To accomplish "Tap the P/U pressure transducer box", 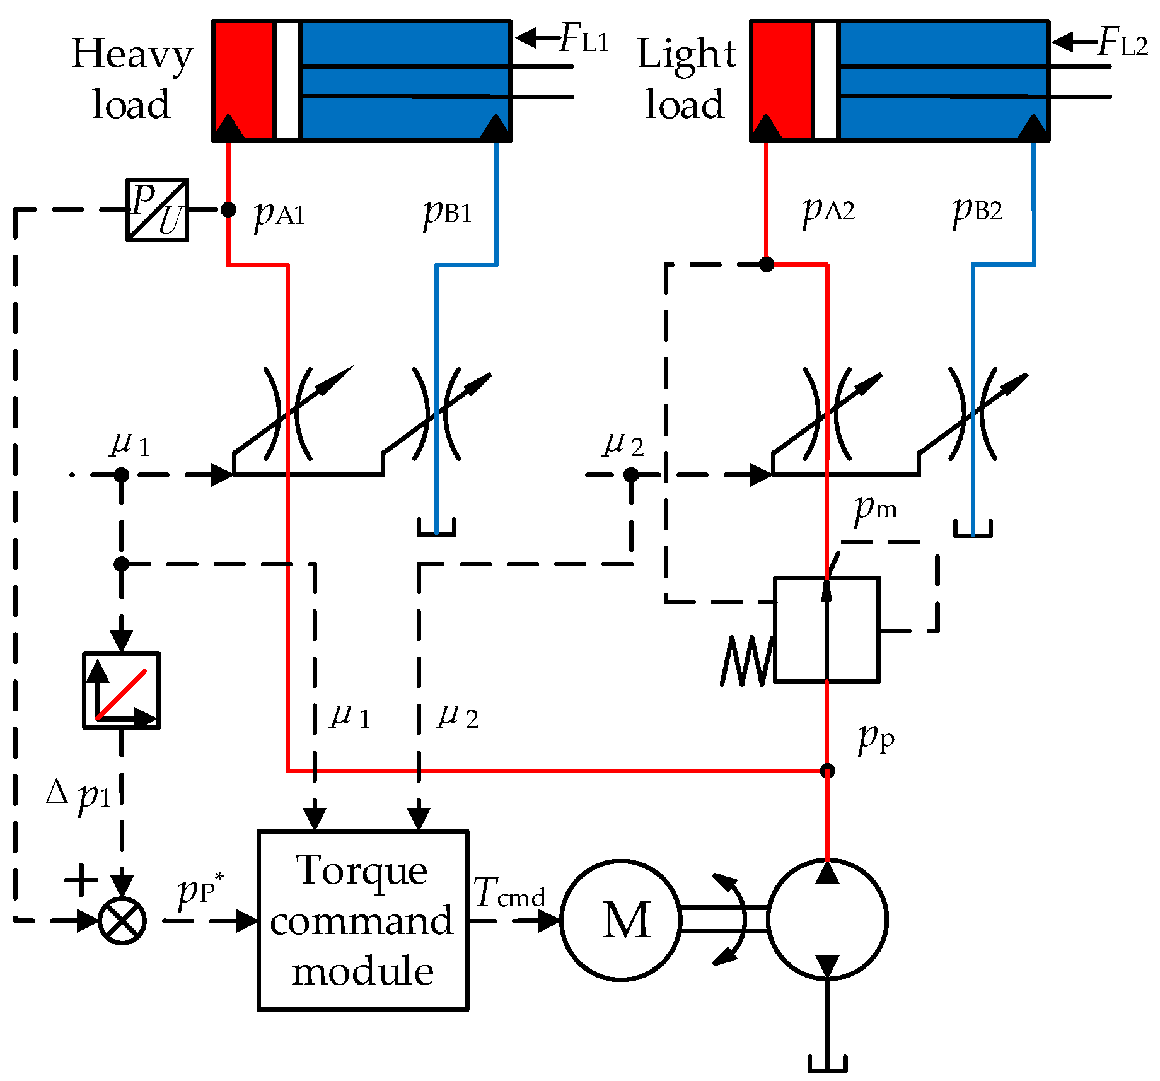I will click(x=157, y=210).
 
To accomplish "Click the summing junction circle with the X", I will click(x=122, y=920).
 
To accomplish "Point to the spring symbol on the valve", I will click(x=747, y=660).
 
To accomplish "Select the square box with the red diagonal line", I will click(x=121, y=690).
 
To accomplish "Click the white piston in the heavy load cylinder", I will click(x=288, y=81).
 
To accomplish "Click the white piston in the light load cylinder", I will click(x=826, y=81).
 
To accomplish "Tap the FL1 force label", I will click(x=583, y=39).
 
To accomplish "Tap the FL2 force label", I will click(x=1122, y=43).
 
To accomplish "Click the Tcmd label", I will click(x=509, y=894).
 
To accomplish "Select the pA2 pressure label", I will click(x=828, y=209).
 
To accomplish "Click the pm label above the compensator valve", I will click(x=875, y=508).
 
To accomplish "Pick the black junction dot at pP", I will click(x=827, y=771).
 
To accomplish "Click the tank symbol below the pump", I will click(x=827, y=1063).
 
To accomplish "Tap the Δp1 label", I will click(x=79, y=793).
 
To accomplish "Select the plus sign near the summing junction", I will click(x=81, y=879).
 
